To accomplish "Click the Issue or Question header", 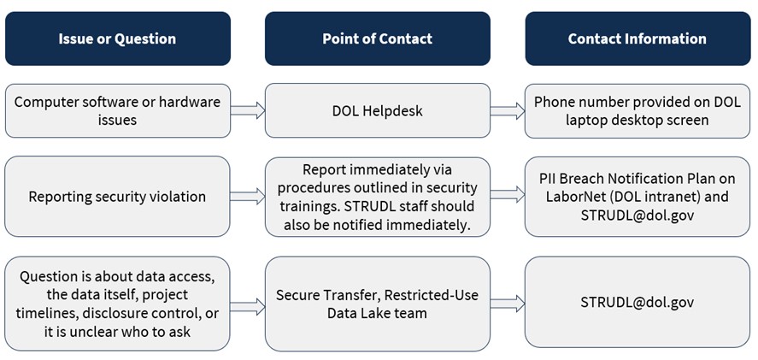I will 117,38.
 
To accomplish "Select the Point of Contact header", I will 377,38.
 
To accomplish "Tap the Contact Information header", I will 637,38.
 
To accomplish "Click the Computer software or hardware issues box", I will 117,110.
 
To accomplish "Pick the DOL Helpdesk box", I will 377,110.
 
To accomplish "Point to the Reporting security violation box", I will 117,197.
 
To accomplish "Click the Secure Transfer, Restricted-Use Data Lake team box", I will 377,304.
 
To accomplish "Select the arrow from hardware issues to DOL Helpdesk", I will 248,110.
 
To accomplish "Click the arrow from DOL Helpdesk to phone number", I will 508,110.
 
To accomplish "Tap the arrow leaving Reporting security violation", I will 248,197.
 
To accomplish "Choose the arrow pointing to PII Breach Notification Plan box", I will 508,197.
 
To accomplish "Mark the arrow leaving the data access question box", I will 248,303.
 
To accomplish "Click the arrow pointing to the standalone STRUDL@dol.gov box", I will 508,303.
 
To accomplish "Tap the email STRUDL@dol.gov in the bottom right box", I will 637,303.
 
